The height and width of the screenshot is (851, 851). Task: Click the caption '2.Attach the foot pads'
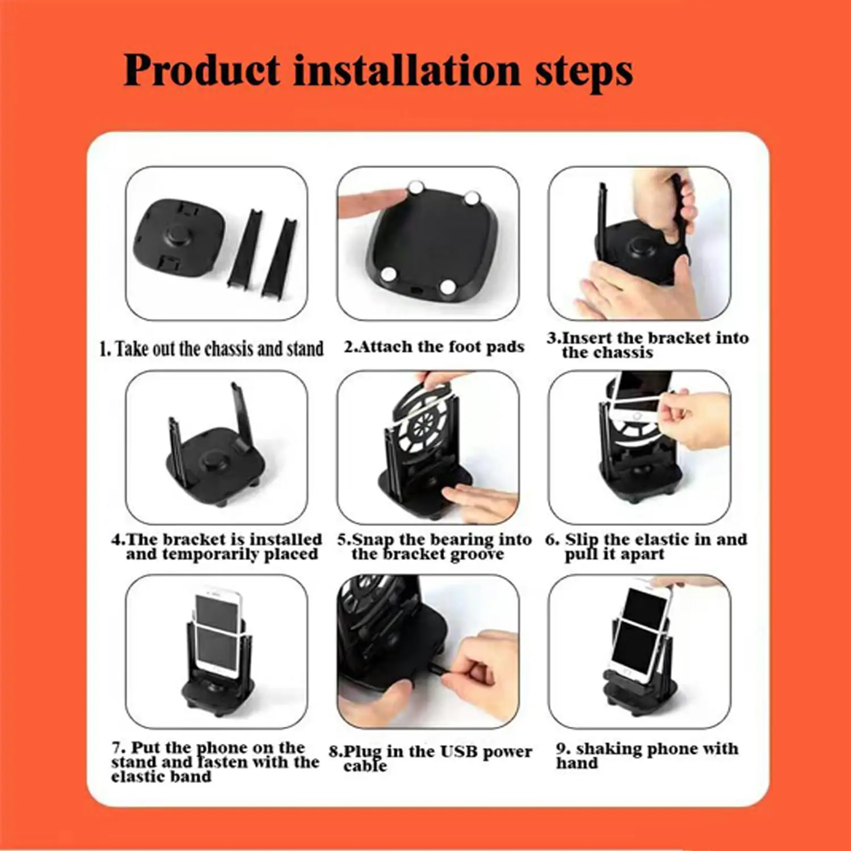coord(434,347)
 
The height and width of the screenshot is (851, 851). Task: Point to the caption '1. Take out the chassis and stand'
coord(212,348)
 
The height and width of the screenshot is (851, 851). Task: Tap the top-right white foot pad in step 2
coord(472,199)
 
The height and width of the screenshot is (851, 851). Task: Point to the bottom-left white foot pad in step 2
coord(389,275)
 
